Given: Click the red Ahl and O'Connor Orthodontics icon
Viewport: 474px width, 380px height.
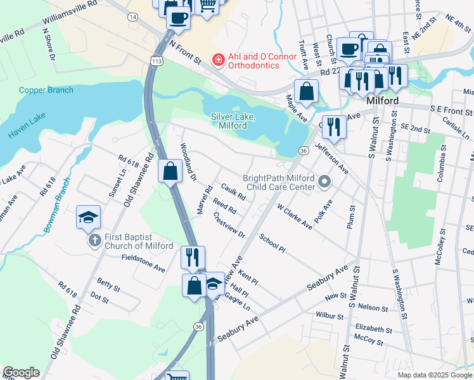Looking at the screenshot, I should pyautogui.click(x=218, y=60).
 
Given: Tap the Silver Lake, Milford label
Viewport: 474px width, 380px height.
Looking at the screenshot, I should pyautogui.click(x=233, y=121).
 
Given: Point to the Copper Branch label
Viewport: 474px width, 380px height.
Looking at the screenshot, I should pyautogui.click(x=46, y=90).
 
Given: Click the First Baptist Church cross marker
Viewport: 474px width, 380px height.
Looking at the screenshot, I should pyautogui.click(x=94, y=240).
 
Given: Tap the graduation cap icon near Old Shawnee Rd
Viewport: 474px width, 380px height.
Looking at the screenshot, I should pyautogui.click(x=89, y=217).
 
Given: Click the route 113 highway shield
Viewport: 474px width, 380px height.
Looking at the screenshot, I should pyautogui.click(x=157, y=60).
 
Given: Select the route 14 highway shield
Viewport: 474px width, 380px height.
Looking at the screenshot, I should pyautogui.click(x=132, y=17).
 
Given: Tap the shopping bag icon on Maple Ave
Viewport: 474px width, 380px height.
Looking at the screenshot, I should pyautogui.click(x=306, y=91).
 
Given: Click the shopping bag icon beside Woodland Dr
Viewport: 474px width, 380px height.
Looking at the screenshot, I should pyautogui.click(x=170, y=171).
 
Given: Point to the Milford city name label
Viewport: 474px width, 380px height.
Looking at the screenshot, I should pyautogui.click(x=382, y=101).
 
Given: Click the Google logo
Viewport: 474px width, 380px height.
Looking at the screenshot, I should pyautogui.click(x=21, y=372).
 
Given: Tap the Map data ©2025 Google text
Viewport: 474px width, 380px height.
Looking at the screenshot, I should pyautogui.click(x=434, y=375).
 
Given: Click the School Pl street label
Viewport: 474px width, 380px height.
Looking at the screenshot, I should pyautogui.click(x=272, y=243).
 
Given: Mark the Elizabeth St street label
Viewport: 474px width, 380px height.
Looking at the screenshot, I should pyautogui.click(x=374, y=329).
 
